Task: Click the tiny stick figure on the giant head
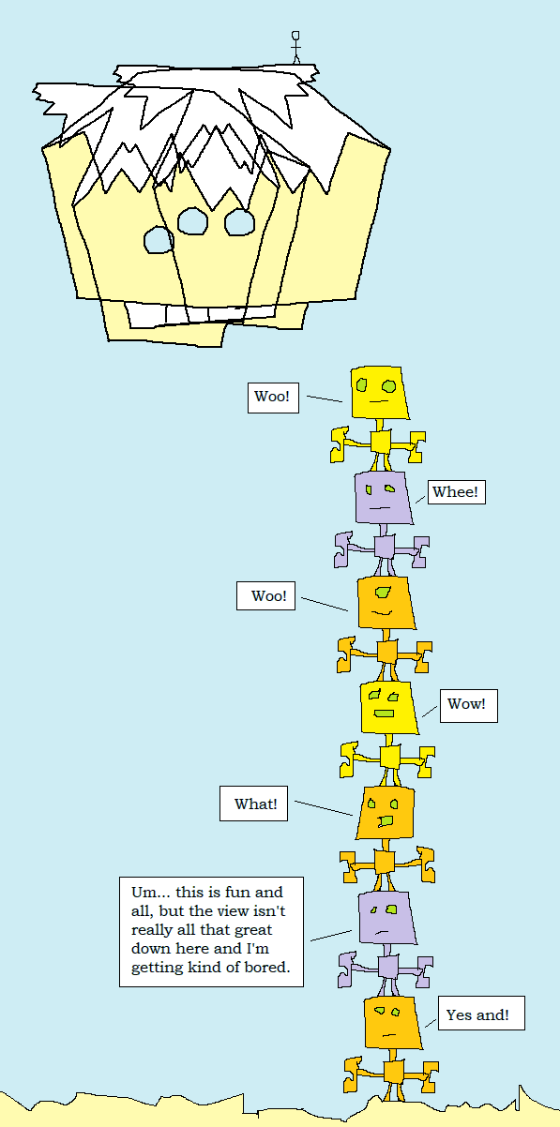[x=295, y=47]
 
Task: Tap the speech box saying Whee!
[x=457, y=491]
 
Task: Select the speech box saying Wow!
[x=468, y=705]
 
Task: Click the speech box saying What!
[x=253, y=804]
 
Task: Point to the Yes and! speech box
[x=481, y=1013]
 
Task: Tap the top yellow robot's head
[x=379, y=393]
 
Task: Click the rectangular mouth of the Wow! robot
[x=384, y=714]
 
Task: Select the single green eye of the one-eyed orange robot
[x=384, y=592]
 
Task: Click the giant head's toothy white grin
[x=202, y=315]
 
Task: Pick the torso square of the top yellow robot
[x=381, y=442]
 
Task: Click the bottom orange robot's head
[x=392, y=1023]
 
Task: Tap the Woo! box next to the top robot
[x=273, y=398]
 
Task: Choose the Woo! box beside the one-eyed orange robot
[x=265, y=595]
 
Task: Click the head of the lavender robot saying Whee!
[x=383, y=498]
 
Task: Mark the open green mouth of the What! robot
[x=386, y=820]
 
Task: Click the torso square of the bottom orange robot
[x=394, y=1073]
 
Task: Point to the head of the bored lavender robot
[x=386, y=918]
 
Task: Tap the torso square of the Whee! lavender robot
[x=385, y=547]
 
